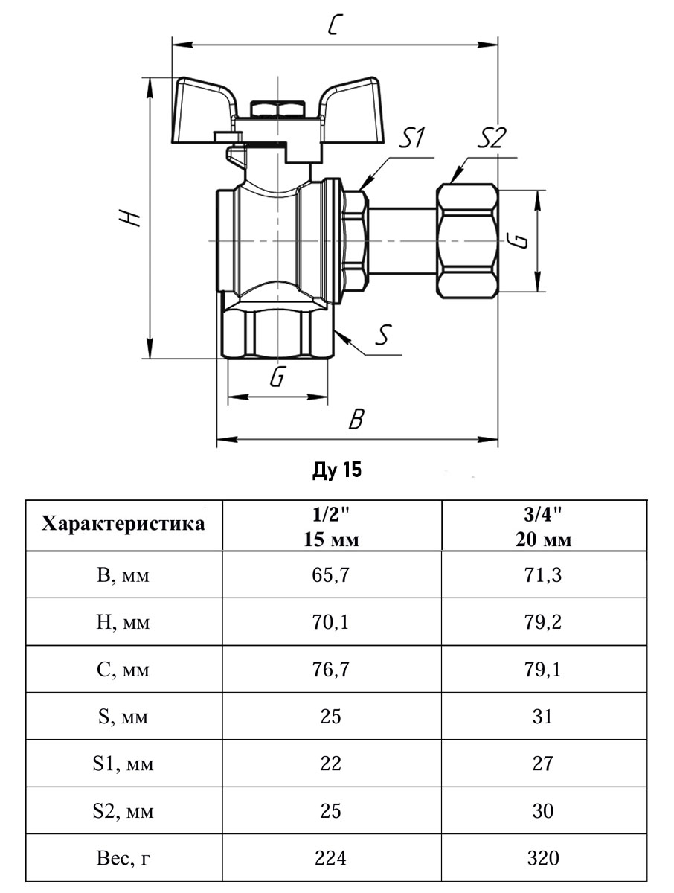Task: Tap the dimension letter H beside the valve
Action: pos(132,217)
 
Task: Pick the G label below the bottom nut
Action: pos(277,378)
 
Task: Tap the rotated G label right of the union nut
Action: pos(521,240)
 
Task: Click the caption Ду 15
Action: pos(336,470)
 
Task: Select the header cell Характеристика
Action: pos(123,524)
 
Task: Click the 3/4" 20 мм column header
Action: pos(543,525)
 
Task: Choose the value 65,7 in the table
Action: pos(331,575)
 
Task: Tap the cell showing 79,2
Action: pos(543,622)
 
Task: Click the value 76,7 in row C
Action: pos(331,670)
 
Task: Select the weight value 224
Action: pos(331,858)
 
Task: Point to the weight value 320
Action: pos(543,858)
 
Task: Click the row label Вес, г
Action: pos(123,858)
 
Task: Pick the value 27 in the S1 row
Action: pos(543,764)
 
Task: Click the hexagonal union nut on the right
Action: pos(466,240)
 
